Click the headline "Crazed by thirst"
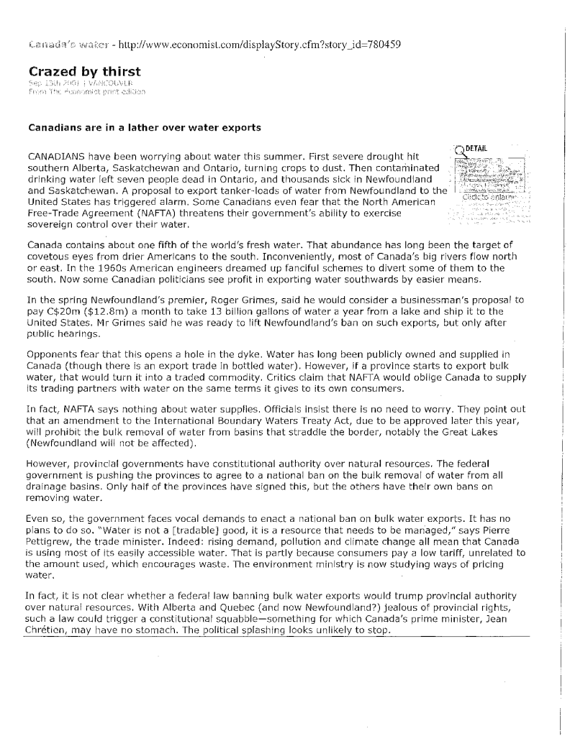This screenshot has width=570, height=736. [x=84, y=71]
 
